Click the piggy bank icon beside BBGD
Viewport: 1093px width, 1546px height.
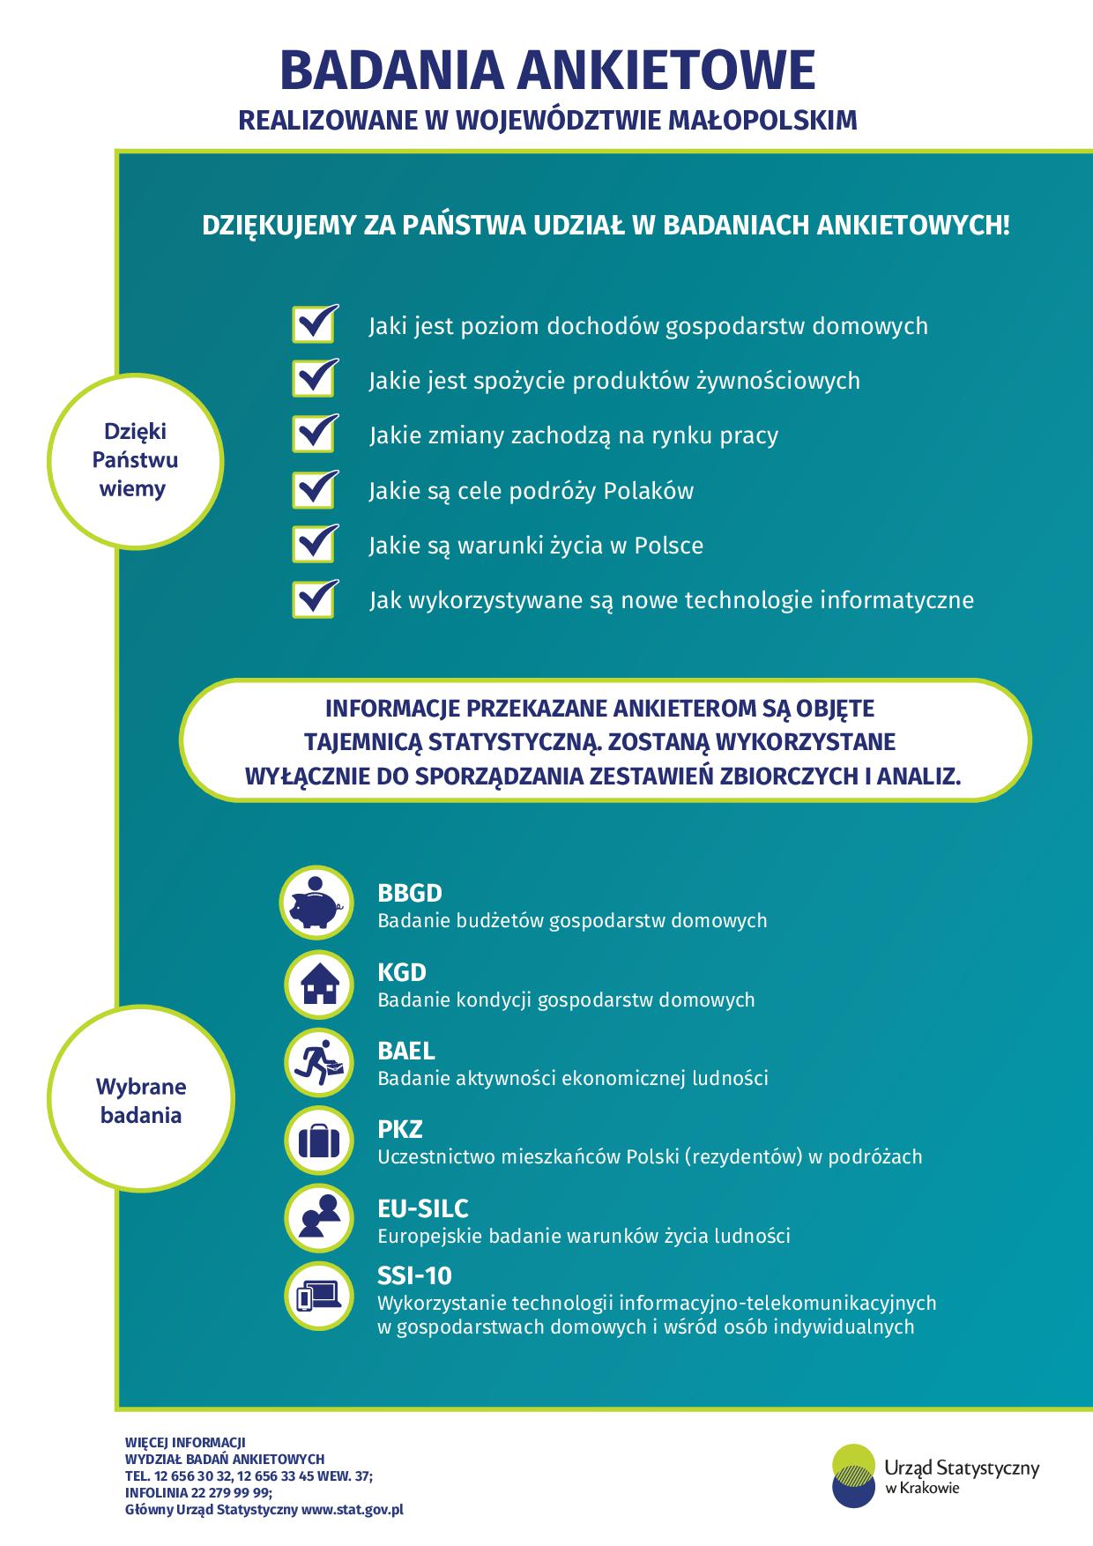click(315, 905)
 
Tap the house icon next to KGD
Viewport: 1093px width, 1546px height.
click(319, 985)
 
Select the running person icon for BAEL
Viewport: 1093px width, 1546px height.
click(319, 1063)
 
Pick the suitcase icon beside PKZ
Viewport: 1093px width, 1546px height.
click(319, 1141)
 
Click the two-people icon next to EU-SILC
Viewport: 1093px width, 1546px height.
click(319, 1220)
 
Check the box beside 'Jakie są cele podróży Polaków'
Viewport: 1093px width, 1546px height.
click(315, 489)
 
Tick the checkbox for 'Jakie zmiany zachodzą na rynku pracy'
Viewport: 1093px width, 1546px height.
click(315, 434)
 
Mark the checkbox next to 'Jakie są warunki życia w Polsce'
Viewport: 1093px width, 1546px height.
click(315, 544)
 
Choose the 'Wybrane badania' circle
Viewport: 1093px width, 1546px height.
click(141, 1101)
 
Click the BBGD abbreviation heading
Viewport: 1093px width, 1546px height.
click(410, 893)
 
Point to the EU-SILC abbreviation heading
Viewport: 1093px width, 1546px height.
click(423, 1208)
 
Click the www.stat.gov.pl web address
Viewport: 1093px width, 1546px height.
click(353, 1510)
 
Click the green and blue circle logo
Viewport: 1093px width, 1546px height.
click(855, 1474)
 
